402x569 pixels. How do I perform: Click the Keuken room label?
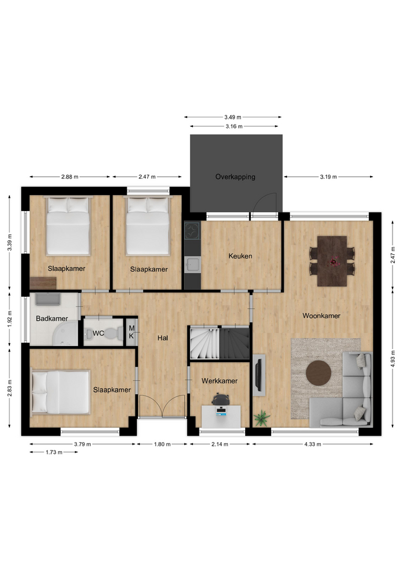[240, 256]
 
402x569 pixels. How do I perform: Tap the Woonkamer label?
[321, 316]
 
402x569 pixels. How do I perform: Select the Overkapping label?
[235, 177]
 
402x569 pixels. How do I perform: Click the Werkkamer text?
[219, 381]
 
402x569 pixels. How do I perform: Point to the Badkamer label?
[52, 319]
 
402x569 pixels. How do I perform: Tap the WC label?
[98, 334]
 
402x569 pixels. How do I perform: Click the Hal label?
[163, 338]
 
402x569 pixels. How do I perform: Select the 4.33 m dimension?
[313, 444]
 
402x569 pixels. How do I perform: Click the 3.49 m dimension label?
[232, 117]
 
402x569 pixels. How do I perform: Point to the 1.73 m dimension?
[54, 452]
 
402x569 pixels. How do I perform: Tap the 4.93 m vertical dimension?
[393, 359]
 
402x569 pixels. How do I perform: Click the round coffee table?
[319, 372]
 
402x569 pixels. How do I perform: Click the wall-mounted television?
[258, 374]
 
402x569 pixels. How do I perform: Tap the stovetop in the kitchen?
[192, 231]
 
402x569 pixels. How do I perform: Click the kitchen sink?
[192, 264]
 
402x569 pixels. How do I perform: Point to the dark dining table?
[332, 261]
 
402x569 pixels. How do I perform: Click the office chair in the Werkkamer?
[221, 399]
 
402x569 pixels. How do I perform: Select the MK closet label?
[131, 332]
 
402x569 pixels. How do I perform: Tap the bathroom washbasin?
[48, 299]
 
